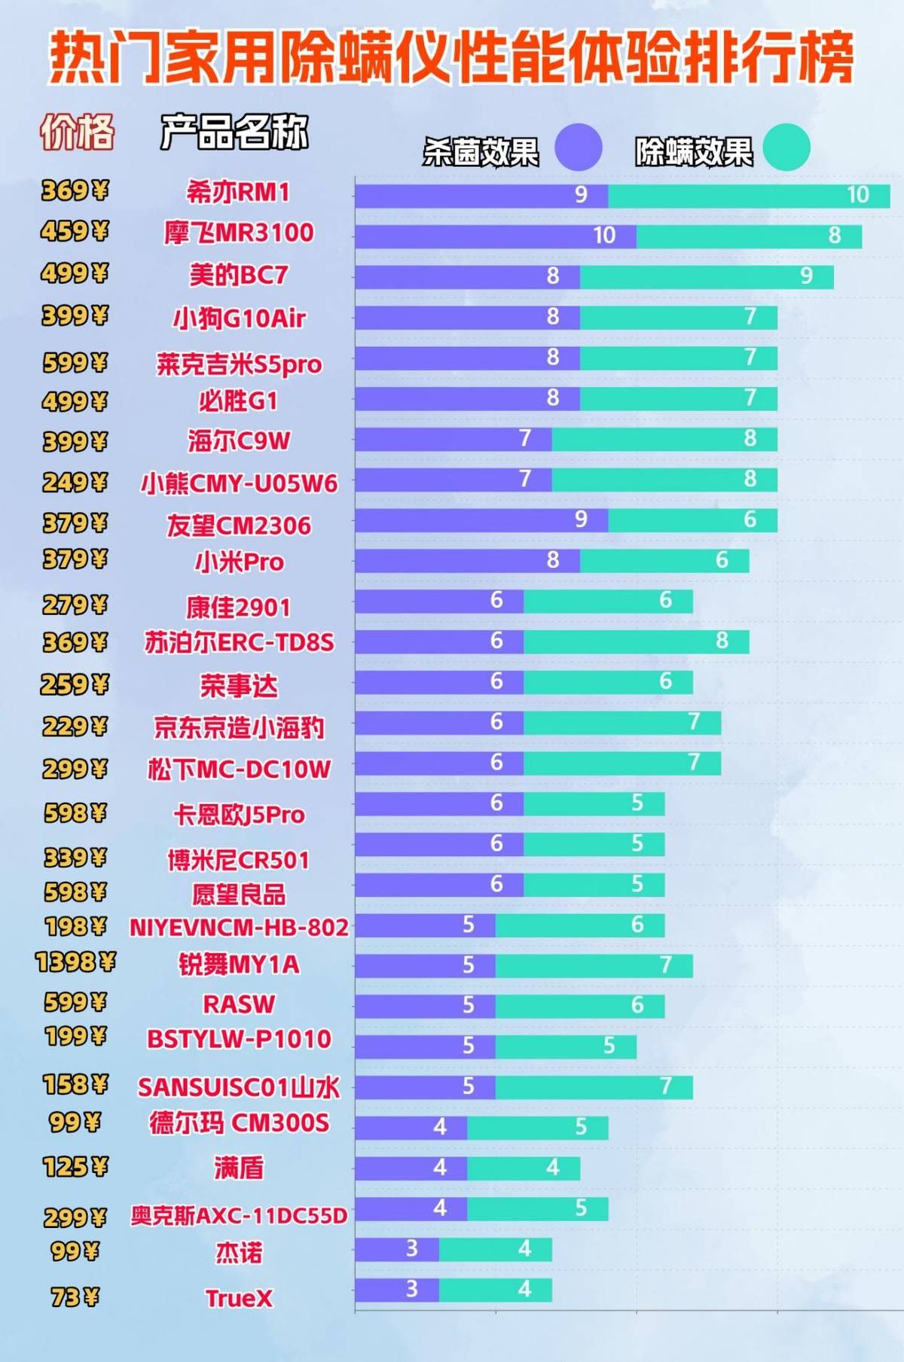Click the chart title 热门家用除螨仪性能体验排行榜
[x=452, y=57]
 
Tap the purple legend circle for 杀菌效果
[x=579, y=147]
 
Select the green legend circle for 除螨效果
[x=786, y=147]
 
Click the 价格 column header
[x=77, y=133]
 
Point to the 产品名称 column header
[x=234, y=133]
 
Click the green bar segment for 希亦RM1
[x=749, y=196]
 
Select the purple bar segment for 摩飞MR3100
[x=495, y=236]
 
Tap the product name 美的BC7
[x=238, y=275]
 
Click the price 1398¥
[x=75, y=962]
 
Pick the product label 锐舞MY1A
[x=238, y=964]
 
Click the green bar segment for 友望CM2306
[x=692, y=520]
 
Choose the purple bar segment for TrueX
[x=397, y=1290]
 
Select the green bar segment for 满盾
[x=524, y=1169]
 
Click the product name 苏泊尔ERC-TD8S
[x=239, y=642]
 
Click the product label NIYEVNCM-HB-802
[x=239, y=927]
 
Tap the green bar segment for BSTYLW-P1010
[x=566, y=1047]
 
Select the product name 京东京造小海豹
[x=239, y=727]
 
